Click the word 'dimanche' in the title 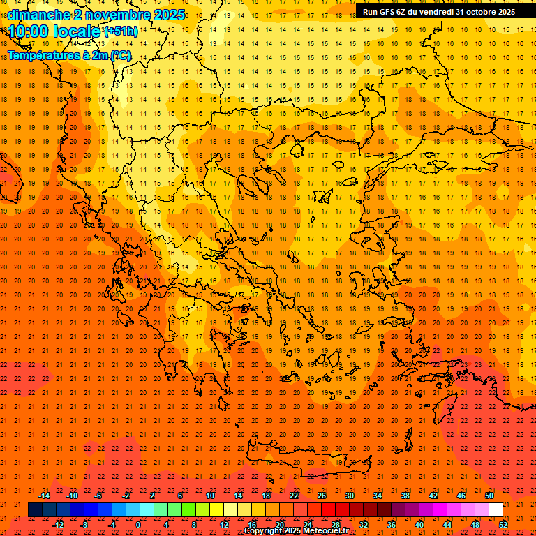click(x=38, y=15)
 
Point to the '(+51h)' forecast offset click(x=121, y=31)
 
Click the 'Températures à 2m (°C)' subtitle click(x=68, y=55)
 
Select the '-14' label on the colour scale click(x=44, y=496)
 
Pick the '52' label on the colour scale click(x=503, y=525)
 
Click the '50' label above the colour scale click(x=489, y=496)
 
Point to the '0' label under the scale click(x=138, y=525)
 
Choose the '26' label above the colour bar click(x=322, y=496)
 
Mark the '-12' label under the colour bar click(x=58, y=525)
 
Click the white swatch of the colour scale click(x=496, y=509)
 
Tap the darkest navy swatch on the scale click(x=35, y=509)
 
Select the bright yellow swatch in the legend click(x=216, y=509)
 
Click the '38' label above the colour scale click(x=405, y=496)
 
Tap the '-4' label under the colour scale click(x=112, y=525)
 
